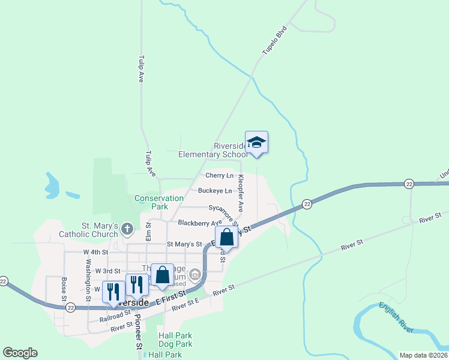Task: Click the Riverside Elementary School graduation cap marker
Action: pos(256,142)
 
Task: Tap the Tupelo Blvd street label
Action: pos(274,41)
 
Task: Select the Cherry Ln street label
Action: pos(219,176)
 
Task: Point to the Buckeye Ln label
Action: pos(215,191)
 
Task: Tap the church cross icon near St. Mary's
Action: pos(127,228)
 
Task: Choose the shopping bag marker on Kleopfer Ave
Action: pos(226,237)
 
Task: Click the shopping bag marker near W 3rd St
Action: pos(162,275)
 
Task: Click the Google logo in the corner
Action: pos(20,353)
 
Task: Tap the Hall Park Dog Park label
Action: pos(175,340)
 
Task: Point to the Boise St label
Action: pos(64,289)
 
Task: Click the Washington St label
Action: pos(88,271)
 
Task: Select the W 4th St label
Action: pos(95,252)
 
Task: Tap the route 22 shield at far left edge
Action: pos(3,281)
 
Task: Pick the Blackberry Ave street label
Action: pos(200,223)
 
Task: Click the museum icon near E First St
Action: pos(194,275)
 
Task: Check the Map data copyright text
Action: pos(423,355)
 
